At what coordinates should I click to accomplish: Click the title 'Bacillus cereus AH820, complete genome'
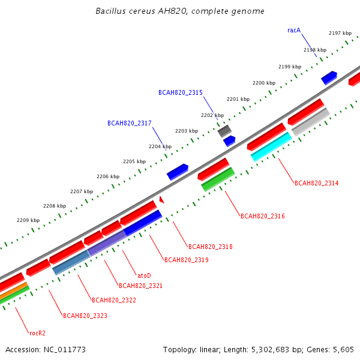(180, 11)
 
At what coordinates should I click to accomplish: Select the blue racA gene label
(294, 31)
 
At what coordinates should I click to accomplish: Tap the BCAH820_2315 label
(181, 92)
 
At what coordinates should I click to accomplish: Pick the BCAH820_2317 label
(130, 123)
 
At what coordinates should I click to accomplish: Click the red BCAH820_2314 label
(316, 183)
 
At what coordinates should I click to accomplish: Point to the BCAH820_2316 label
(263, 216)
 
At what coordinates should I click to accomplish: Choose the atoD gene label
(144, 275)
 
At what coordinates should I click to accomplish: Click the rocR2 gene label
(37, 333)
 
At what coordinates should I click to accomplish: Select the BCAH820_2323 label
(85, 316)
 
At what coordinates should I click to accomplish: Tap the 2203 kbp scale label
(187, 131)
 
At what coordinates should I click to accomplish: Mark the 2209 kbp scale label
(28, 220)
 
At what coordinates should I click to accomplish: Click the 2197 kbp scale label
(340, 33)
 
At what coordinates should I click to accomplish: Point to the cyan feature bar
(271, 147)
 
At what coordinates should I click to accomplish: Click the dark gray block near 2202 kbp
(224, 131)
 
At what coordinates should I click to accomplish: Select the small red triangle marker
(162, 200)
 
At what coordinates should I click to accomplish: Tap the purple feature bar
(107, 243)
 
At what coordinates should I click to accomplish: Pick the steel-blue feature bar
(71, 262)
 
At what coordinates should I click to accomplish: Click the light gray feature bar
(311, 122)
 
